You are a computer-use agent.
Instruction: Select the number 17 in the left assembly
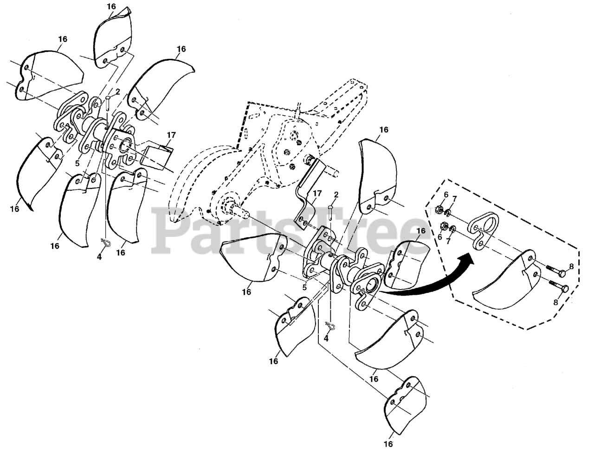click(171, 135)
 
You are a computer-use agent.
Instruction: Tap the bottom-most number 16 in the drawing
click(388, 444)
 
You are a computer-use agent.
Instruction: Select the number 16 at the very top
click(111, 6)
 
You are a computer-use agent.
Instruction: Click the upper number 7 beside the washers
click(454, 199)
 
